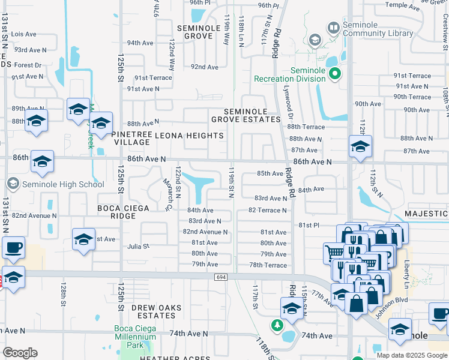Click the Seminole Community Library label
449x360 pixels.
tap(378, 29)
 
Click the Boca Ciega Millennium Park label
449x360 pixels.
tap(136, 338)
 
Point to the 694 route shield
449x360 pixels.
tap(220, 277)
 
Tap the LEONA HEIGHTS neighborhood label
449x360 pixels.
tap(188, 136)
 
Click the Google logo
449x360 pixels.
tap(20, 353)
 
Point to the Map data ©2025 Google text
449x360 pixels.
tap(412, 355)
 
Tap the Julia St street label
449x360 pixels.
tap(138, 246)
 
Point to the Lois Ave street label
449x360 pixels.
tap(25, 35)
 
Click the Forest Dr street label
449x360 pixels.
tap(28, 65)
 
